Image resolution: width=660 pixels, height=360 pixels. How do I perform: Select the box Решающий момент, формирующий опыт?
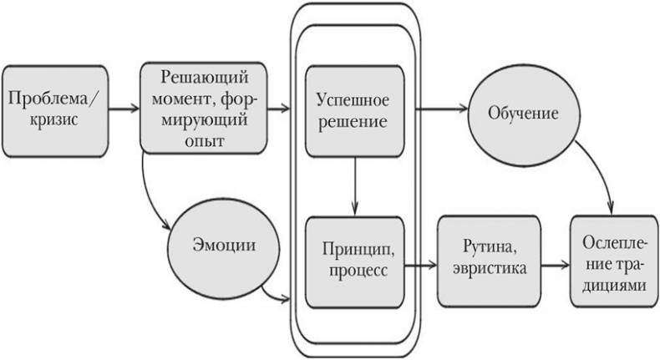[195, 108]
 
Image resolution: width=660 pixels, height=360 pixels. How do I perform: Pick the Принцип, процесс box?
[356, 260]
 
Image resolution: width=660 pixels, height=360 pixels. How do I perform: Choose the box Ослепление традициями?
[612, 261]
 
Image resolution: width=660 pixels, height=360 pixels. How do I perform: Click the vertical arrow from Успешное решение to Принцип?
[356, 186]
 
